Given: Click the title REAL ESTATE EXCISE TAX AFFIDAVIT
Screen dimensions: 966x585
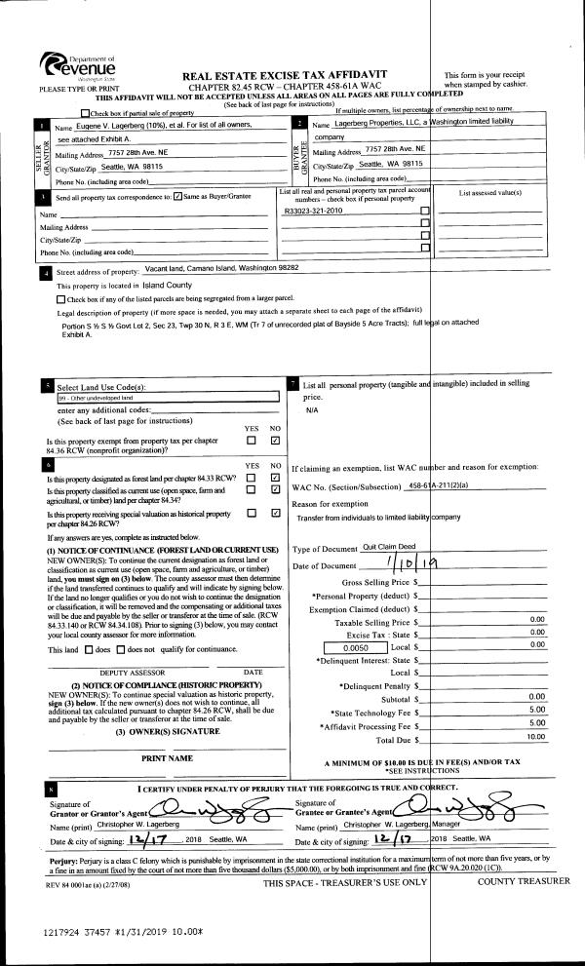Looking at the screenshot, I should click(285, 74).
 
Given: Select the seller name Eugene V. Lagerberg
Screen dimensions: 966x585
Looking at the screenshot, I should click(132, 126).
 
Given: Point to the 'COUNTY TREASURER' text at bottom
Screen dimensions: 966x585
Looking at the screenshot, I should click(523, 881).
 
